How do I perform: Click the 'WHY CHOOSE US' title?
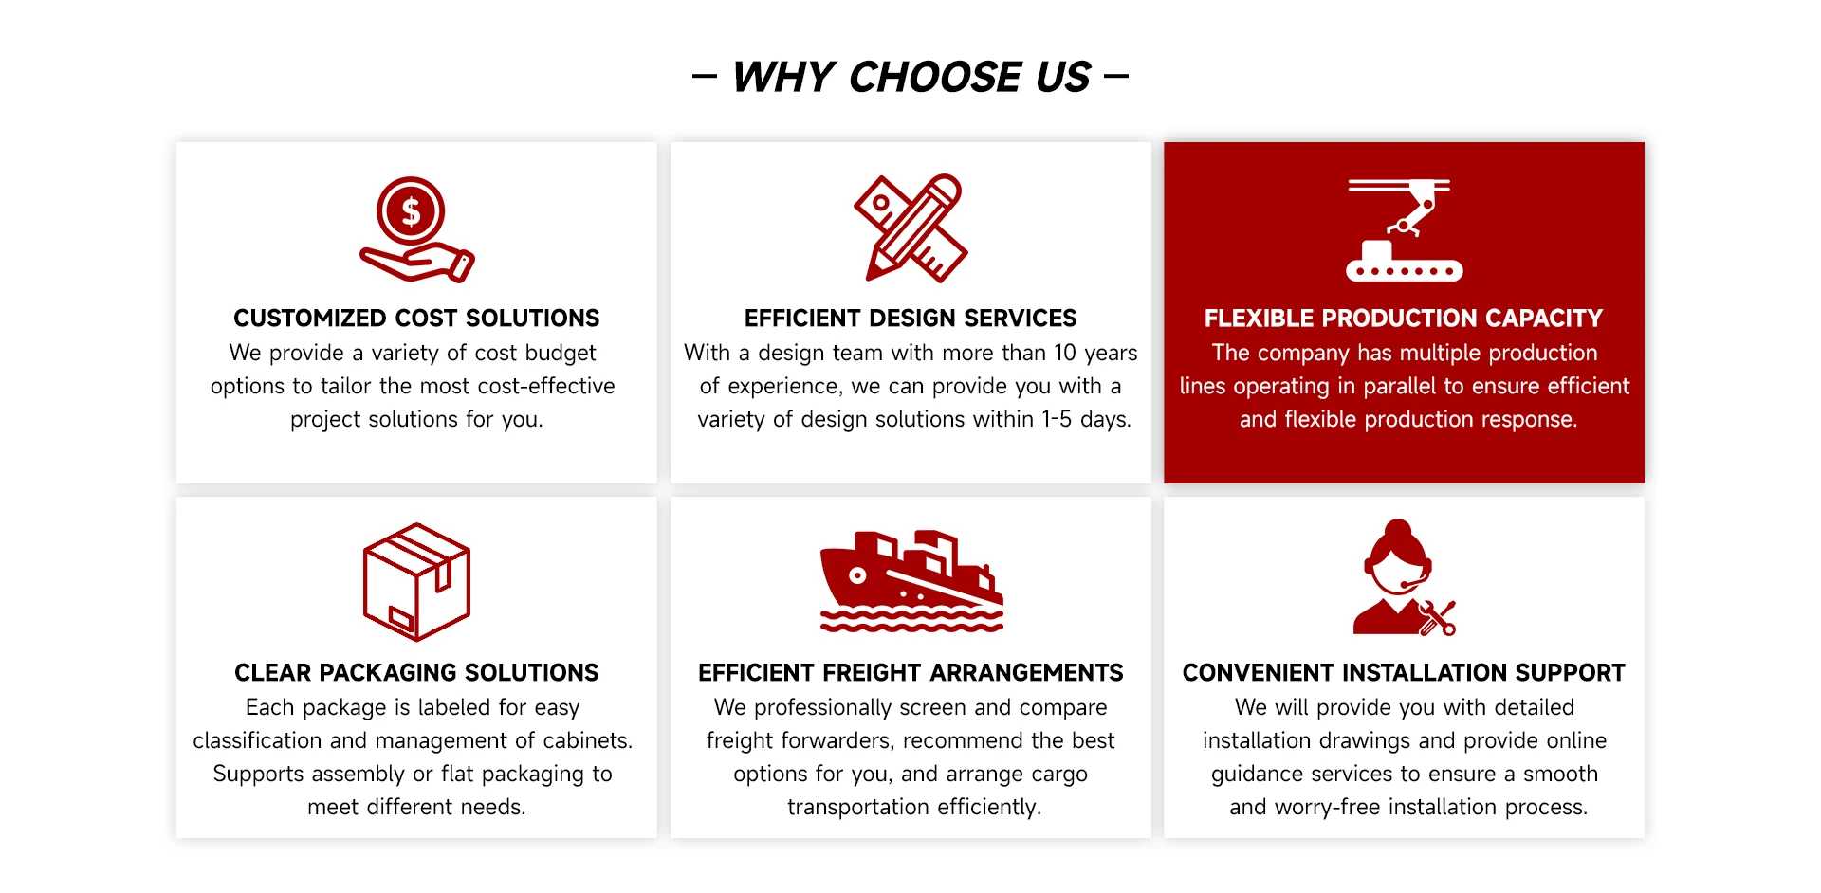click(911, 77)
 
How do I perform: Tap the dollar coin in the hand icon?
click(411, 210)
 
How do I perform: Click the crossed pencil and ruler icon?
click(910, 228)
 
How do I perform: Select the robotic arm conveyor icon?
click(1404, 229)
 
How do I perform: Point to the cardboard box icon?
click(416, 582)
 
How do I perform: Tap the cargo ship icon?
click(911, 580)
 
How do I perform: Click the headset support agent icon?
click(1404, 577)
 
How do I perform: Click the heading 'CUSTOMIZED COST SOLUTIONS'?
click(416, 318)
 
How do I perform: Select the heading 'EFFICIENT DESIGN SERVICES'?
click(910, 318)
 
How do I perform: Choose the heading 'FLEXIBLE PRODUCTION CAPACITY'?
click(1404, 318)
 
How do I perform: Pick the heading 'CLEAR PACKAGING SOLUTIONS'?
click(416, 672)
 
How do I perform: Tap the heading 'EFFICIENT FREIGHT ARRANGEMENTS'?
click(910, 672)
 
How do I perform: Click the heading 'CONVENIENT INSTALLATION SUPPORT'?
click(1404, 672)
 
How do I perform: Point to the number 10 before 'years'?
click(1065, 353)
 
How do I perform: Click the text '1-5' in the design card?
click(1057, 419)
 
